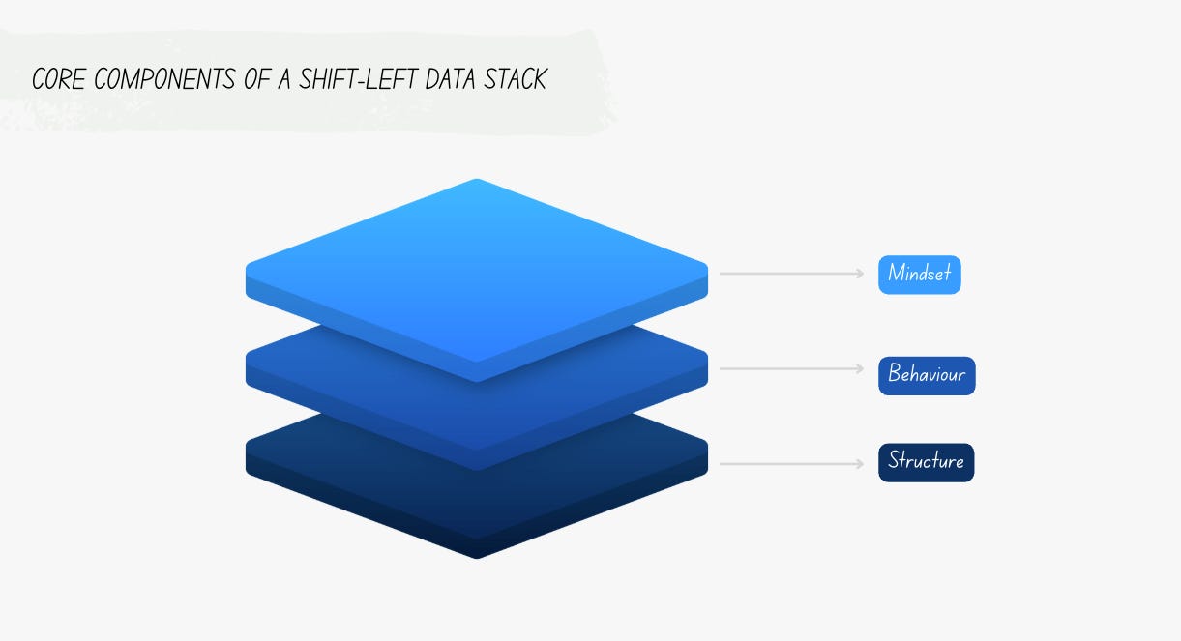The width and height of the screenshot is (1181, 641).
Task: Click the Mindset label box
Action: pyautogui.click(x=919, y=275)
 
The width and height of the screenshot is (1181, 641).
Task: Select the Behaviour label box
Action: pyautogui.click(x=927, y=375)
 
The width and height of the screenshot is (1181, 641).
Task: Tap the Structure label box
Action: pyautogui.click(x=926, y=462)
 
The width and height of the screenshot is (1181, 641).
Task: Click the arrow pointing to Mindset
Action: pyautogui.click(x=791, y=274)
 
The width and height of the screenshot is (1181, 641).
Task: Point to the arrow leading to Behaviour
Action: pyautogui.click(x=791, y=369)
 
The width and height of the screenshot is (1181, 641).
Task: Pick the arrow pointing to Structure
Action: pyautogui.click(x=791, y=464)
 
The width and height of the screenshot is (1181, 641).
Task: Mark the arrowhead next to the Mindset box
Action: pyautogui.click(x=861, y=274)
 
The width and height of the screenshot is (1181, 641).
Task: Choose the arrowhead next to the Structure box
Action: pyautogui.click(x=861, y=464)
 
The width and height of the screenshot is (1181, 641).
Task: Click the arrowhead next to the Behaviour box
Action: pyautogui.click(x=861, y=369)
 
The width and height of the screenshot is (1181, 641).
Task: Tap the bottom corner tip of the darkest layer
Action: pyautogui.click(x=476, y=557)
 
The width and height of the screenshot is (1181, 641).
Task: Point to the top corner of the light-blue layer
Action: pyautogui.click(x=476, y=181)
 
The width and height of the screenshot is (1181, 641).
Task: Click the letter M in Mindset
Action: pyautogui.click(x=896, y=275)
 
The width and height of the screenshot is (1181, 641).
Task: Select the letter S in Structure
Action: pyautogui.click(x=895, y=461)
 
